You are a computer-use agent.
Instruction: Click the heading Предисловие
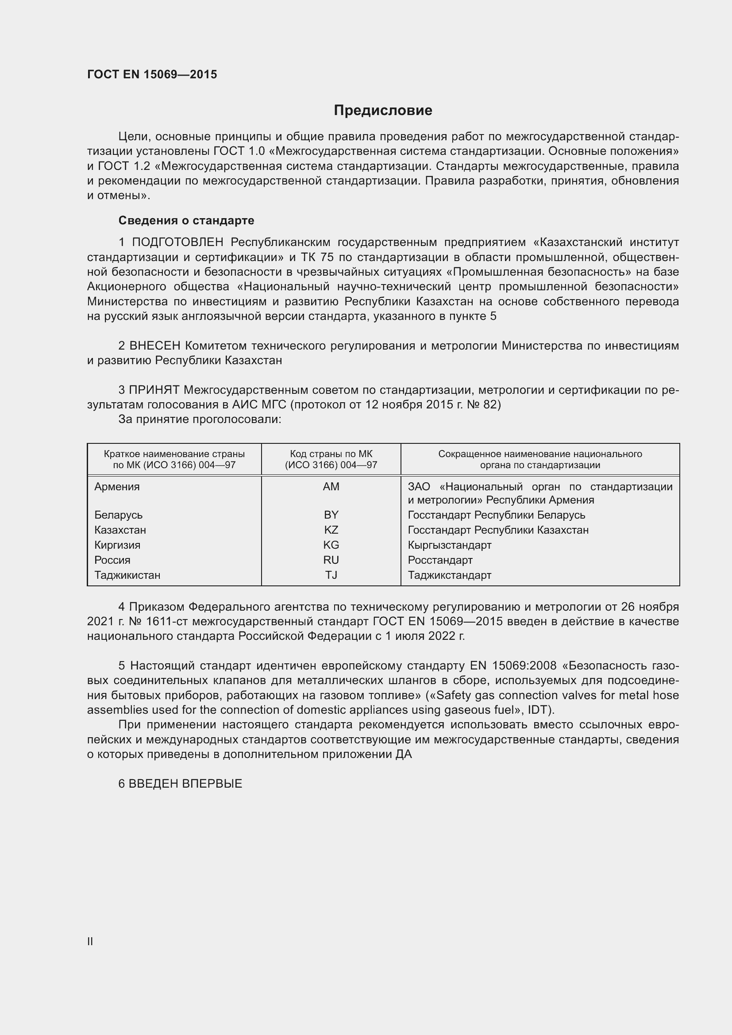click(x=383, y=111)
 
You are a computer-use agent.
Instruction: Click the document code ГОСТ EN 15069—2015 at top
click(x=152, y=74)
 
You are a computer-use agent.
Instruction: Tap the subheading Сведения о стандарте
click(x=186, y=220)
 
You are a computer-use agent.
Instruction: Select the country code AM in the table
click(x=331, y=487)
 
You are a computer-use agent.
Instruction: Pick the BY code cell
click(x=331, y=515)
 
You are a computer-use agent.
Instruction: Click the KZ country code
click(x=331, y=530)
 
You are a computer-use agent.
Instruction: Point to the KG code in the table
click(x=331, y=545)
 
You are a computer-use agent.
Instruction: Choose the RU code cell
click(x=331, y=560)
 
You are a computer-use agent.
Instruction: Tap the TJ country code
click(x=331, y=575)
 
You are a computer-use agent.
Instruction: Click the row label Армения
click(x=117, y=487)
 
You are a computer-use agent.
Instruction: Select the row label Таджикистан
click(x=127, y=575)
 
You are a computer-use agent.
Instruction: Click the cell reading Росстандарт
click(x=440, y=560)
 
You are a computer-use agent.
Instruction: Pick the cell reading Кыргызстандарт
click(x=449, y=545)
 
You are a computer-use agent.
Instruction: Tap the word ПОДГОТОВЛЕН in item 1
click(x=177, y=242)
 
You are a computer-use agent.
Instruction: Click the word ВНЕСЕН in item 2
click(x=154, y=346)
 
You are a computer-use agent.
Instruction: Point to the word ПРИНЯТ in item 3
click(x=154, y=390)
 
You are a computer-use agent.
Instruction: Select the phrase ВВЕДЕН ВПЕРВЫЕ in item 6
click(x=185, y=784)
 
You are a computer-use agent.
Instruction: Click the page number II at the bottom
click(x=90, y=941)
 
